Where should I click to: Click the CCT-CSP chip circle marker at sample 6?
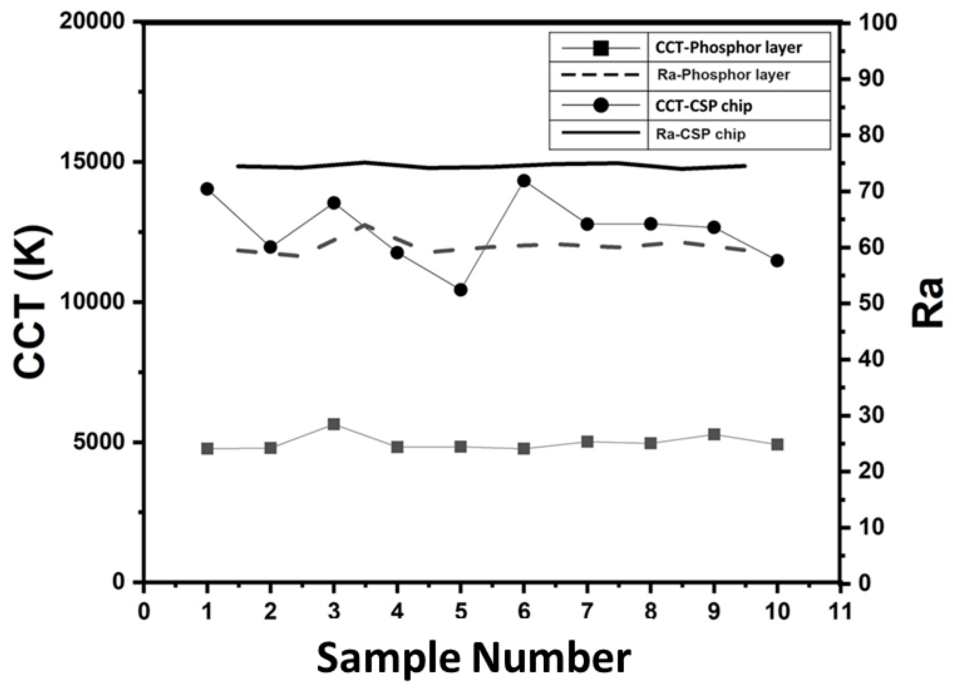click(x=523, y=181)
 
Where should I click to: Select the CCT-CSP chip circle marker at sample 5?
click(x=461, y=290)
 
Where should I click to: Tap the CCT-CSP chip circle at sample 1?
click(x=207, y=189)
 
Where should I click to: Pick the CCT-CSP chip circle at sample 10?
click(x=777, y=261)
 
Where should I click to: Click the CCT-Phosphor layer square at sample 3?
click(x=334, y=424)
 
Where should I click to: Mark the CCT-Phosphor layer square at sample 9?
click(x=714, y=434)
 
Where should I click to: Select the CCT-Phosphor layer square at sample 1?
click(x=207, y=449)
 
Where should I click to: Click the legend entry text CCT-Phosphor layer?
click(x=728, y=48)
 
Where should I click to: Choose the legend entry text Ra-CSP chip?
click(x=700, y=134)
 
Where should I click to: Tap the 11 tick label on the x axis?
click(x=840, y=612)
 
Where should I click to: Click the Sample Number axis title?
click(x=474, y=658)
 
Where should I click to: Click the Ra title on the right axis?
click(x=927, y=302)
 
